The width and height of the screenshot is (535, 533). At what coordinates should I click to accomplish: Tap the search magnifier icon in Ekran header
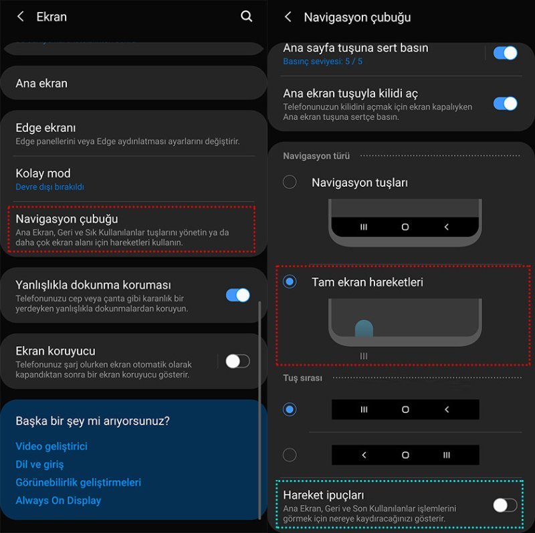[x=247, y=16]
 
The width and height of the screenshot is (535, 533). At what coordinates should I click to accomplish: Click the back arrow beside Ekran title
[x=21, y=17]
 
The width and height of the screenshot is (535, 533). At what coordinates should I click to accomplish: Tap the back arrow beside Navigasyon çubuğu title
[x=288, y=17]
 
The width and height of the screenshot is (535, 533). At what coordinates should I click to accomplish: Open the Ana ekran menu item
[x=41, y=84]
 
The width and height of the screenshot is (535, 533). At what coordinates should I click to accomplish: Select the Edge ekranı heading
[x=45, y=128]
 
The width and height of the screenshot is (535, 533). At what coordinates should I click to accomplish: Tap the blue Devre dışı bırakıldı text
[x=49, y=187]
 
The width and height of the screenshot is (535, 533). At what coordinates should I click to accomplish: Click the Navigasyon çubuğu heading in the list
[x=67, y=219]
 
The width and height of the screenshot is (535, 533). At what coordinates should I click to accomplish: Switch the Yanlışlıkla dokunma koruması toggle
[x=238, y=295]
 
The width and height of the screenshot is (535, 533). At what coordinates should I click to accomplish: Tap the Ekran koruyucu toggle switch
[x=237, y=361]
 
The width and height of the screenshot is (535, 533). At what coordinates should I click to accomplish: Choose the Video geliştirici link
[x=51, y=446]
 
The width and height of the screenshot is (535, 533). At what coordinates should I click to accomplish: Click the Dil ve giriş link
[x=39, y=464]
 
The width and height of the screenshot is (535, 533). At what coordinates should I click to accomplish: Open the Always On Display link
[x=58, y=500]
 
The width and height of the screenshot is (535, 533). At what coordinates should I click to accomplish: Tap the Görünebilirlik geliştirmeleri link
[x=78, y=482]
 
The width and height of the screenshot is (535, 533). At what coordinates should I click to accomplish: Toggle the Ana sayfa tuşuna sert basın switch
[x=506, y=53]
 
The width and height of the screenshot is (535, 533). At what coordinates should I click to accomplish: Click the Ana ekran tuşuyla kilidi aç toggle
[x=506, y=104]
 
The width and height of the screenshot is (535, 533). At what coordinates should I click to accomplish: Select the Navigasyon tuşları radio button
[x=290, y=182]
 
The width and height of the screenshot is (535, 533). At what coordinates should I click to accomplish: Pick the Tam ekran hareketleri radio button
[x=290, y=282]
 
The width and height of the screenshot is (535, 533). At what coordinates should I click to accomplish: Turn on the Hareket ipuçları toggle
[x=505, y=506]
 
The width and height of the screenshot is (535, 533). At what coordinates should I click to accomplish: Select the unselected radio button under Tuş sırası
[x=290, y=455]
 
